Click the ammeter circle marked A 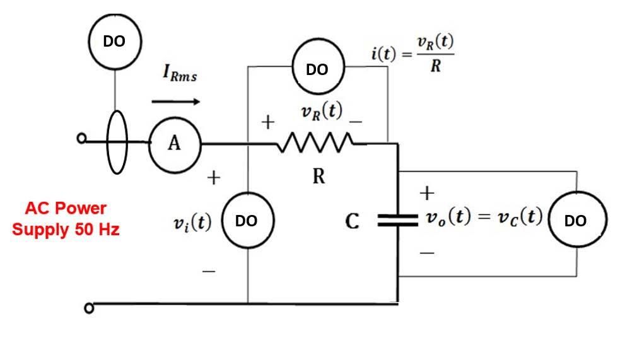[x=174, y=144]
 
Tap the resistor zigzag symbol [x=315, y=144]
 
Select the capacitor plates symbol [x=398, y=220]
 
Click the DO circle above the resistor [x=317, y=69]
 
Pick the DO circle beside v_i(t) [x=247, y=221]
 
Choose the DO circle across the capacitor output [x=577, y=221]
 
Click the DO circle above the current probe [x=114, y=42]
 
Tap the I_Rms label [x=179, y=75]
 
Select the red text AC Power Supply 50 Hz [x=66, y=218]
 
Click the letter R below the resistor [x=318, y=177]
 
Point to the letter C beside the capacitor [x=353, y=221]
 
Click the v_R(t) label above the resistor [x=322, y=113]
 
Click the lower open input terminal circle [x=89, y=308]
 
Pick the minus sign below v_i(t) [x=209, y=272]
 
